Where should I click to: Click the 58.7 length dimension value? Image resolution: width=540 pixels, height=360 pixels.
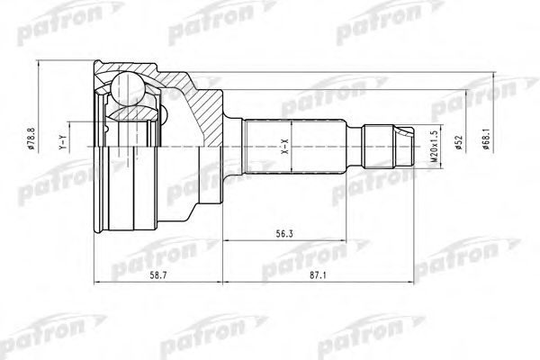(159, 275)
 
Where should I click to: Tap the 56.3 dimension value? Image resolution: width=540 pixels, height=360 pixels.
(284, 234)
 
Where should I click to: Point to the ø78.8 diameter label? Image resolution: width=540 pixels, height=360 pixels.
(31, 138)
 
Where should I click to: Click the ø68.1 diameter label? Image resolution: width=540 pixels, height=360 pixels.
(486, 138)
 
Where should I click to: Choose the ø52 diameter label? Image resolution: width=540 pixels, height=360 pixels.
(458, 142)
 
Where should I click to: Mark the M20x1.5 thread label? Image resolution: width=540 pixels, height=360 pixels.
(435, 147)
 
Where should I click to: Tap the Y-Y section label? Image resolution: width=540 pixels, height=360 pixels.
(62, 142)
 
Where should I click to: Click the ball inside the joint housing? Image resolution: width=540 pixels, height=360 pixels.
(127, 88)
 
